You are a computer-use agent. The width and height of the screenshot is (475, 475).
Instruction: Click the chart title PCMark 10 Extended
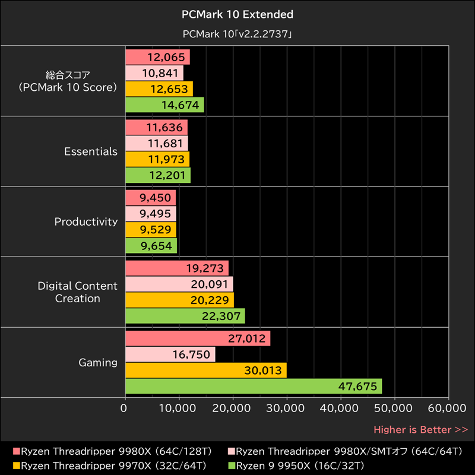[237, 14]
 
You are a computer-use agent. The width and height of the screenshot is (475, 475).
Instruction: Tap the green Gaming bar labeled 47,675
[254, 387]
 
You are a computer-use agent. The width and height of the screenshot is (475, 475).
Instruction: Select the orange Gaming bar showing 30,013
[205, 370]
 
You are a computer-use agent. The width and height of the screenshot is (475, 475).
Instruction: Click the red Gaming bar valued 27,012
[198, 338]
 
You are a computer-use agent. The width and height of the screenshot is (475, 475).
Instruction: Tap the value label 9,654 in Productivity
[155, 246]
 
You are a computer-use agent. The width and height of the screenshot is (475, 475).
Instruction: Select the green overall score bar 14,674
[164, 105]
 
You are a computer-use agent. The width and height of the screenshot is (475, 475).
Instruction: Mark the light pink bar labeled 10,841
[154, 73]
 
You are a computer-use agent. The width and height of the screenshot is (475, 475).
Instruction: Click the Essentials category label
[91, 151]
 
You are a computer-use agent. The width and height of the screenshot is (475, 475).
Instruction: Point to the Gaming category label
[98, 362]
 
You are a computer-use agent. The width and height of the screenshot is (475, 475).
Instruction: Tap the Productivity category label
[86, 221]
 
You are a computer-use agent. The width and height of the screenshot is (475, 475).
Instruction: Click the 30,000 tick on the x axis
[286, 408]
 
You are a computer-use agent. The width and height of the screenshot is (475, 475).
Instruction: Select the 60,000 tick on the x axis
[448, 408]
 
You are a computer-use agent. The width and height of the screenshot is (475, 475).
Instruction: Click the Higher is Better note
[420, 429]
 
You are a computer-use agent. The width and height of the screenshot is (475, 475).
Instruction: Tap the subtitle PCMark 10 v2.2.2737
[237, 34]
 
